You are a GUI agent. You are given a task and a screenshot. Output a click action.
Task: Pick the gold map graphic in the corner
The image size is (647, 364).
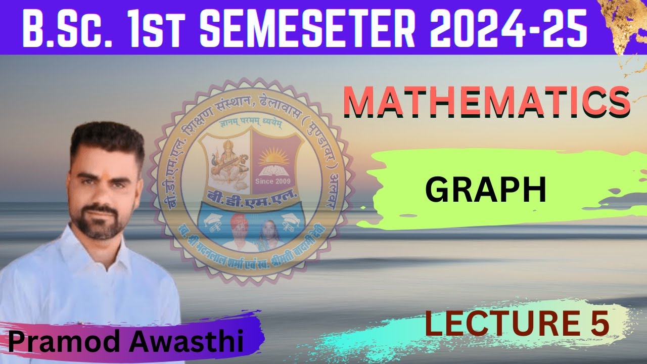point(624,23)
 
